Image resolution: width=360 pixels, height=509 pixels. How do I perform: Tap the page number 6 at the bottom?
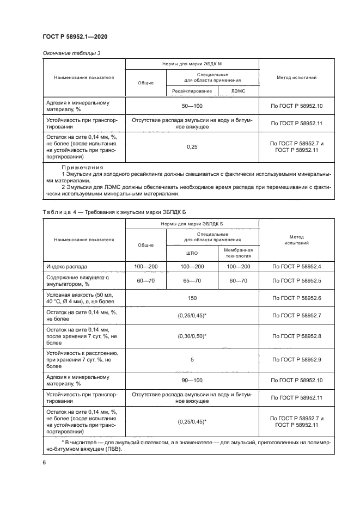tap(44, 462)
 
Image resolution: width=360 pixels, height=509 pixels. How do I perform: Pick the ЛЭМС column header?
tap(238, 91)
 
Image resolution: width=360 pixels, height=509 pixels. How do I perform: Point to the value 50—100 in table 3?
tap(192, 106)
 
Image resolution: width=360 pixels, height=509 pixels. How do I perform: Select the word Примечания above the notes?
tap(82, 167)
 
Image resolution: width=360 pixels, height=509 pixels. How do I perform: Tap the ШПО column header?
tap(192, 253)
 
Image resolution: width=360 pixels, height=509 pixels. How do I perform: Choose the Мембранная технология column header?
tap(238, 253)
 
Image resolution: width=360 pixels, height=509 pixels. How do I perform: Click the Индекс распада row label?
tap(66, 267)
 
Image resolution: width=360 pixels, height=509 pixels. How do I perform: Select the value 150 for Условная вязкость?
tap(192, 298)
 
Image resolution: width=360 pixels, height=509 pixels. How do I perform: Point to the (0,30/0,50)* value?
tap(192, 336)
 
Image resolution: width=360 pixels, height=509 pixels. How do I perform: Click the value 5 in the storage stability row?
tap(192, 359)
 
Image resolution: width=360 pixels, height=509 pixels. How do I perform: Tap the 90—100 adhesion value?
tap(192, 380)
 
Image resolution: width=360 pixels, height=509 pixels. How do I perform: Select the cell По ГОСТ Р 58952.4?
tap(296, 267)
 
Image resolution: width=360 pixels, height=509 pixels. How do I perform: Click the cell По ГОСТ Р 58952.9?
tap(296, 359)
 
